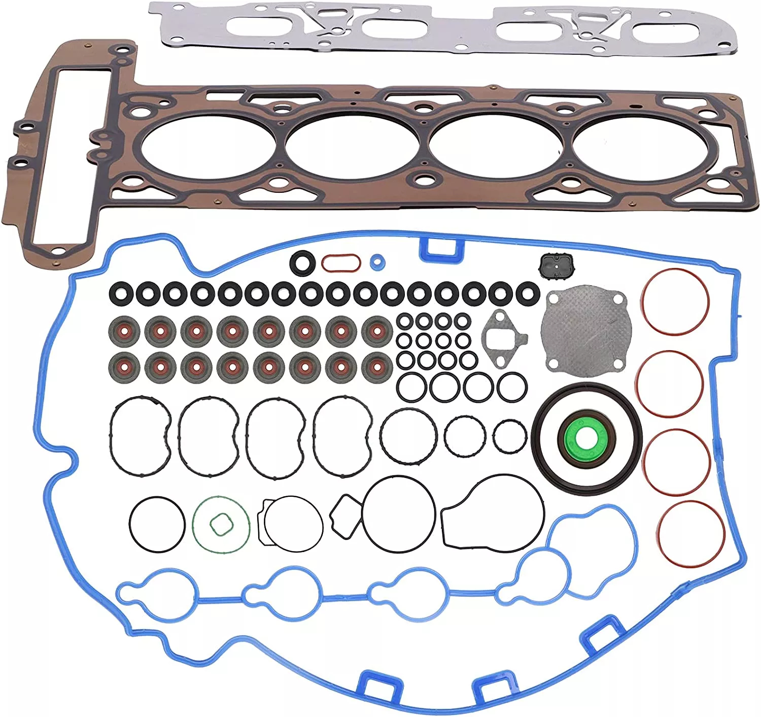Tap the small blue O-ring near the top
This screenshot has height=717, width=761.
(377, 262)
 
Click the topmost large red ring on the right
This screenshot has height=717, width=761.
(674, 301)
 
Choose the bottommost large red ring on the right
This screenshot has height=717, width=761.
(690, 533)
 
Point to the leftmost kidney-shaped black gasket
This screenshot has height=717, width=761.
(140, 437)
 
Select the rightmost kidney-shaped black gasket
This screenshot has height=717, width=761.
(343, 437)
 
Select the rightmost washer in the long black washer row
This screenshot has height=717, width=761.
(528, 293)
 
